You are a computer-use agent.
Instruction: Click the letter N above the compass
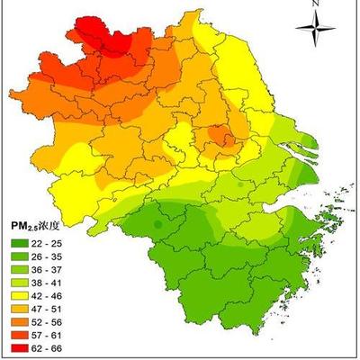point(316,4)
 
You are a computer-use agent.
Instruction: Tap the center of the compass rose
point(316,34)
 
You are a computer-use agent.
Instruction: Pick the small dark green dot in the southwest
point(158,221)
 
